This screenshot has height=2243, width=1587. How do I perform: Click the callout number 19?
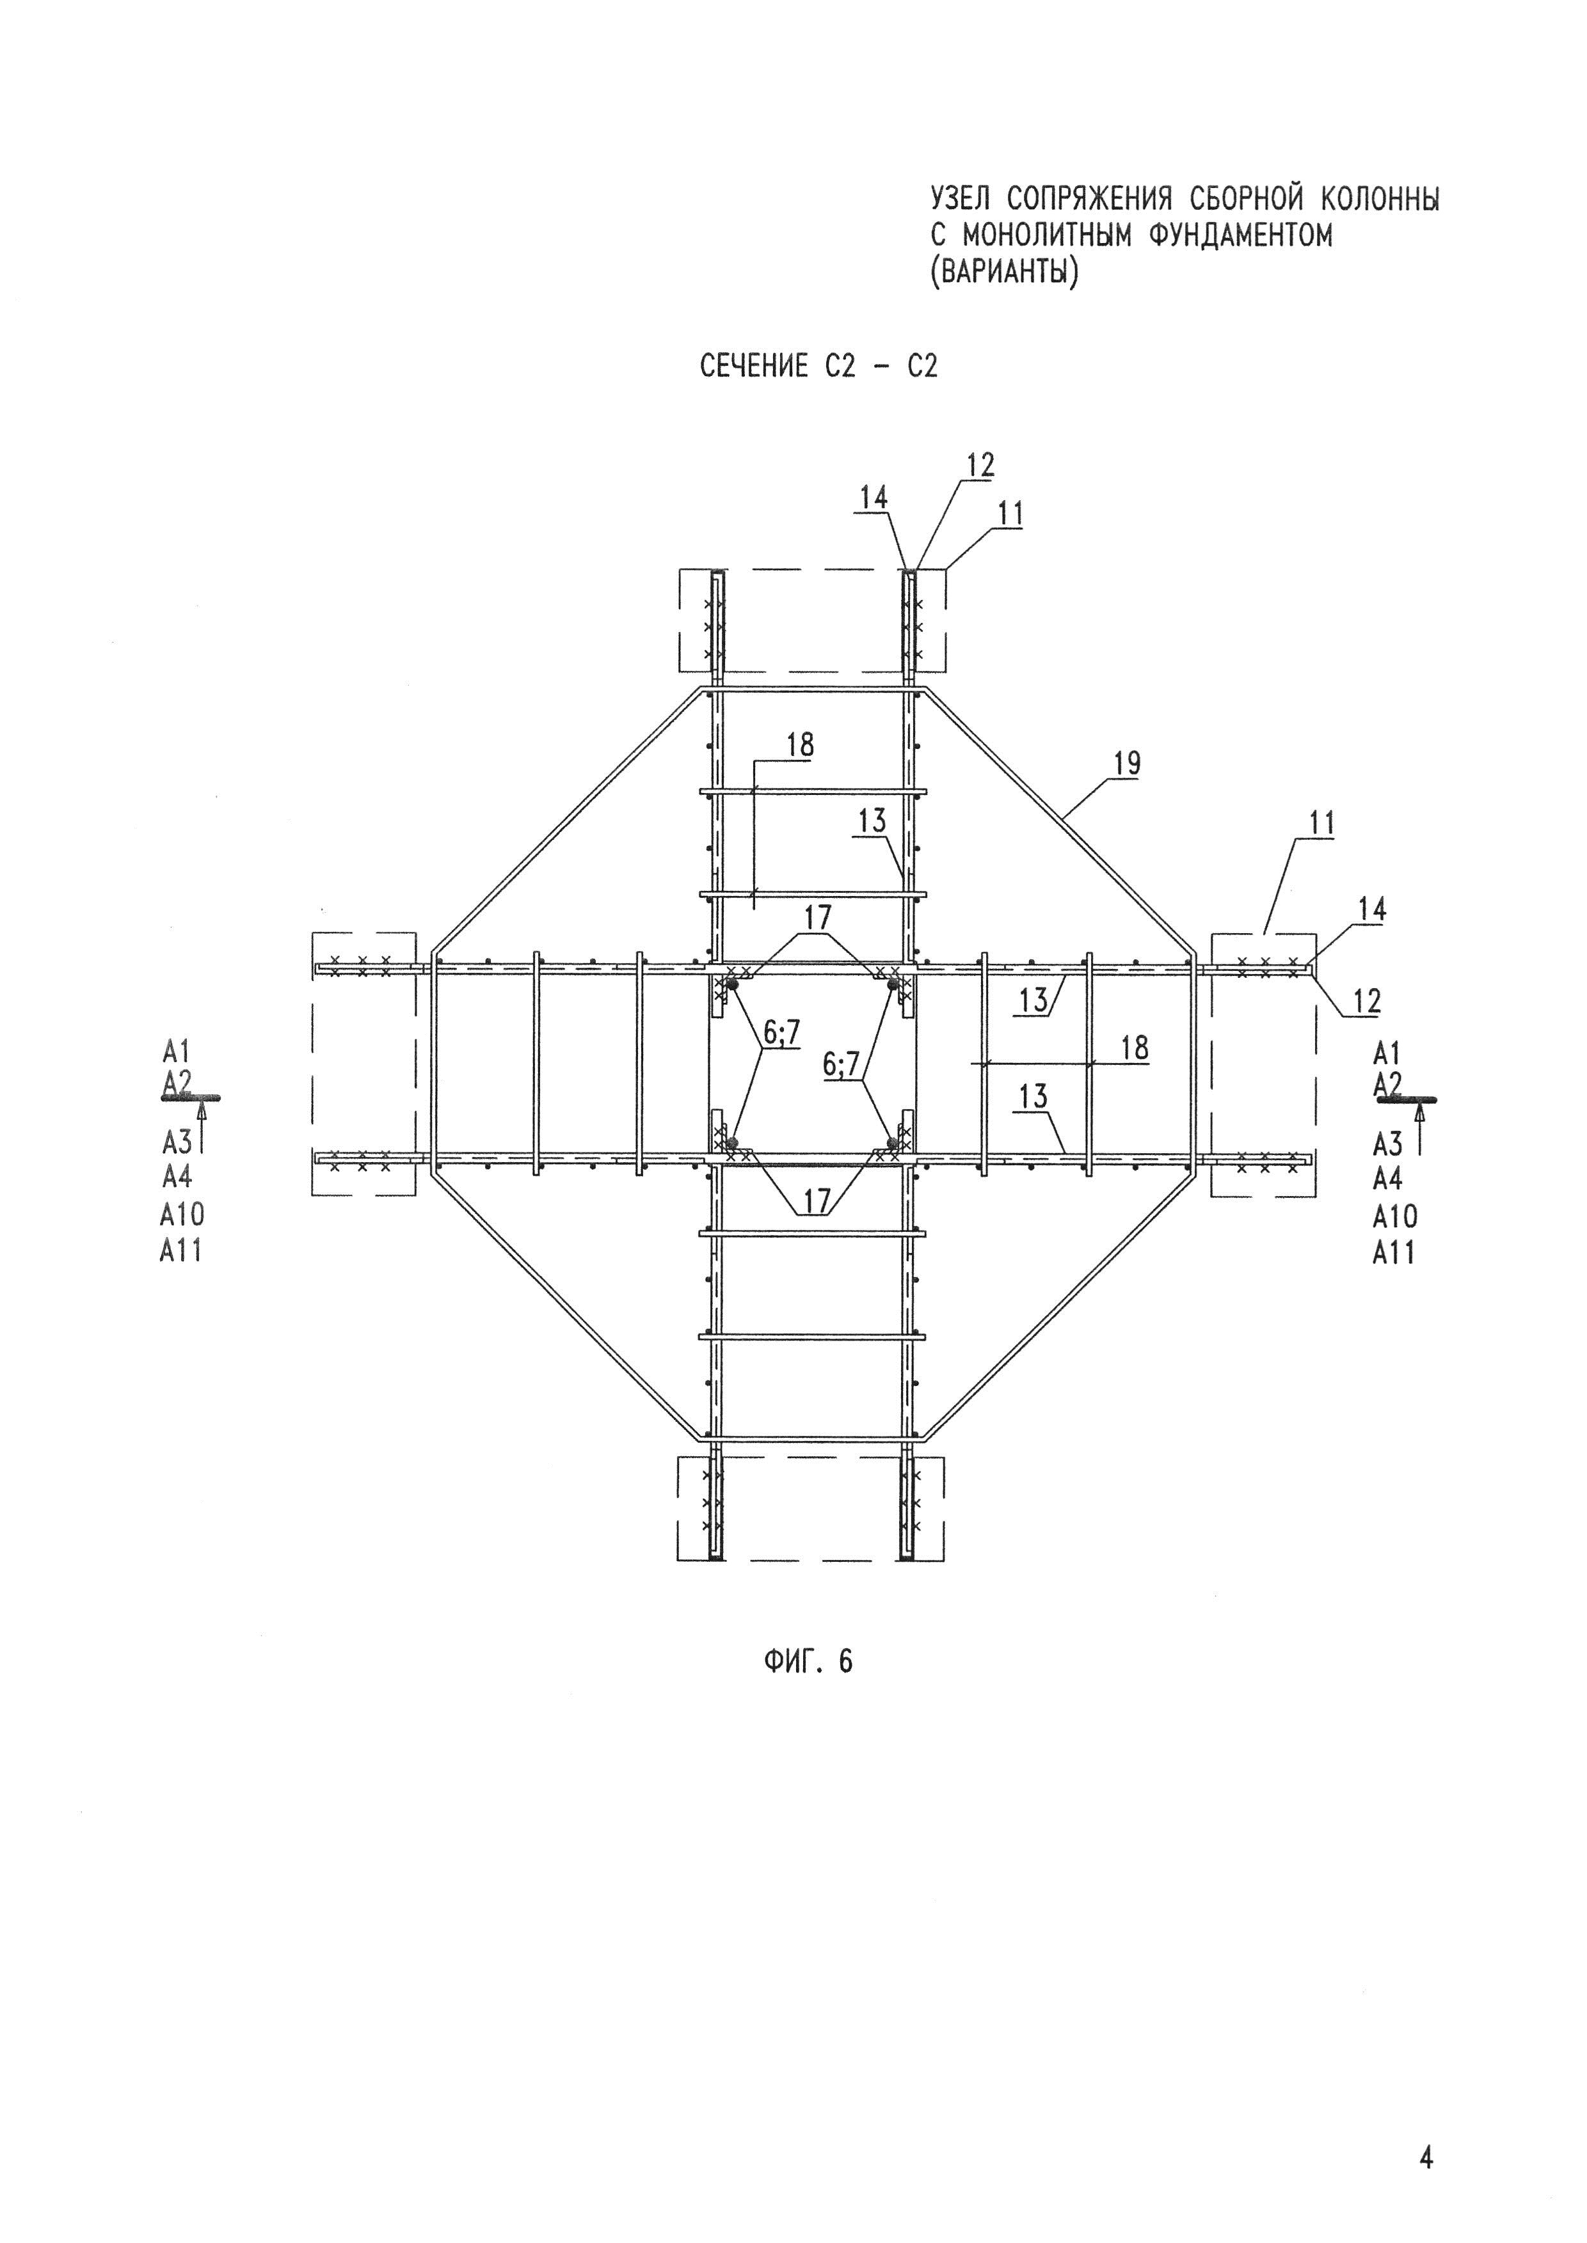(x=1127, y=763)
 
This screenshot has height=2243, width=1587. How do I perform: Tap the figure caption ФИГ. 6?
(x=807, y=1661)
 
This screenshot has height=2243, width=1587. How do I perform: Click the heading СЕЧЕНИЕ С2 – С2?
(x=819, y=366)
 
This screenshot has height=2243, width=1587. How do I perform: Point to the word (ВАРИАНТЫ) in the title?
(x=1005, y=272)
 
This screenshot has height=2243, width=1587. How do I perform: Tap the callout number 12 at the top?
(x=980, y=465)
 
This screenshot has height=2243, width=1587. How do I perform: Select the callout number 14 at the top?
(x=873, y=498)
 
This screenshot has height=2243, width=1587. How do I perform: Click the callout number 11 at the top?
(x=1010, y=514)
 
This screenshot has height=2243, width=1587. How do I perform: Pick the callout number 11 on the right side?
(x=1322, y=822)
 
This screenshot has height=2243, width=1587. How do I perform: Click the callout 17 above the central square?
(x=817, y=917)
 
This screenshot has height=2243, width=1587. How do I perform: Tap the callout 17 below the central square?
(x=817, y=1200)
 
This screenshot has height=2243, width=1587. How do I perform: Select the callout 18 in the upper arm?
(x=799, y=745)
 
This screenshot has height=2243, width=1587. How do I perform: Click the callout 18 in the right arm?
(x=1133, y=1048)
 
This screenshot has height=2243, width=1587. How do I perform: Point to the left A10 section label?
(x=182, y=1215)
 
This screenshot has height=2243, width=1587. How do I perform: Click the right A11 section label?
(x=1394, y=1252)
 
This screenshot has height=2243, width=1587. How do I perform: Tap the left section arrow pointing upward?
(x=202, y=1124)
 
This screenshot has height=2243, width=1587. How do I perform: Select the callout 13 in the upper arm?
(x=872, y=821)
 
